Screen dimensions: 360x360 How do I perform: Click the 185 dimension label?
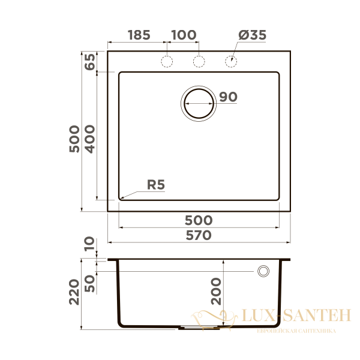coord(139,35)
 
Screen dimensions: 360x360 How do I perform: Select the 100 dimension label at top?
coord(184,35)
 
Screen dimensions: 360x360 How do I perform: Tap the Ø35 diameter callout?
coord(252,35)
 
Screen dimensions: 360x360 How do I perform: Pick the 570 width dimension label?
coord(198,235)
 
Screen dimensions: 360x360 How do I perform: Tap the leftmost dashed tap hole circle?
coord(167,61)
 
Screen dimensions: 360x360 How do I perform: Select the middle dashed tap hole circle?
coord(199,61)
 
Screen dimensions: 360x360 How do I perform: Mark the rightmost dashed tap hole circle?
coord(230,61)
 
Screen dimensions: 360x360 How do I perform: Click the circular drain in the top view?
coord(199,103)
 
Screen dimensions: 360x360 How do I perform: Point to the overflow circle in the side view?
coord(263,271)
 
